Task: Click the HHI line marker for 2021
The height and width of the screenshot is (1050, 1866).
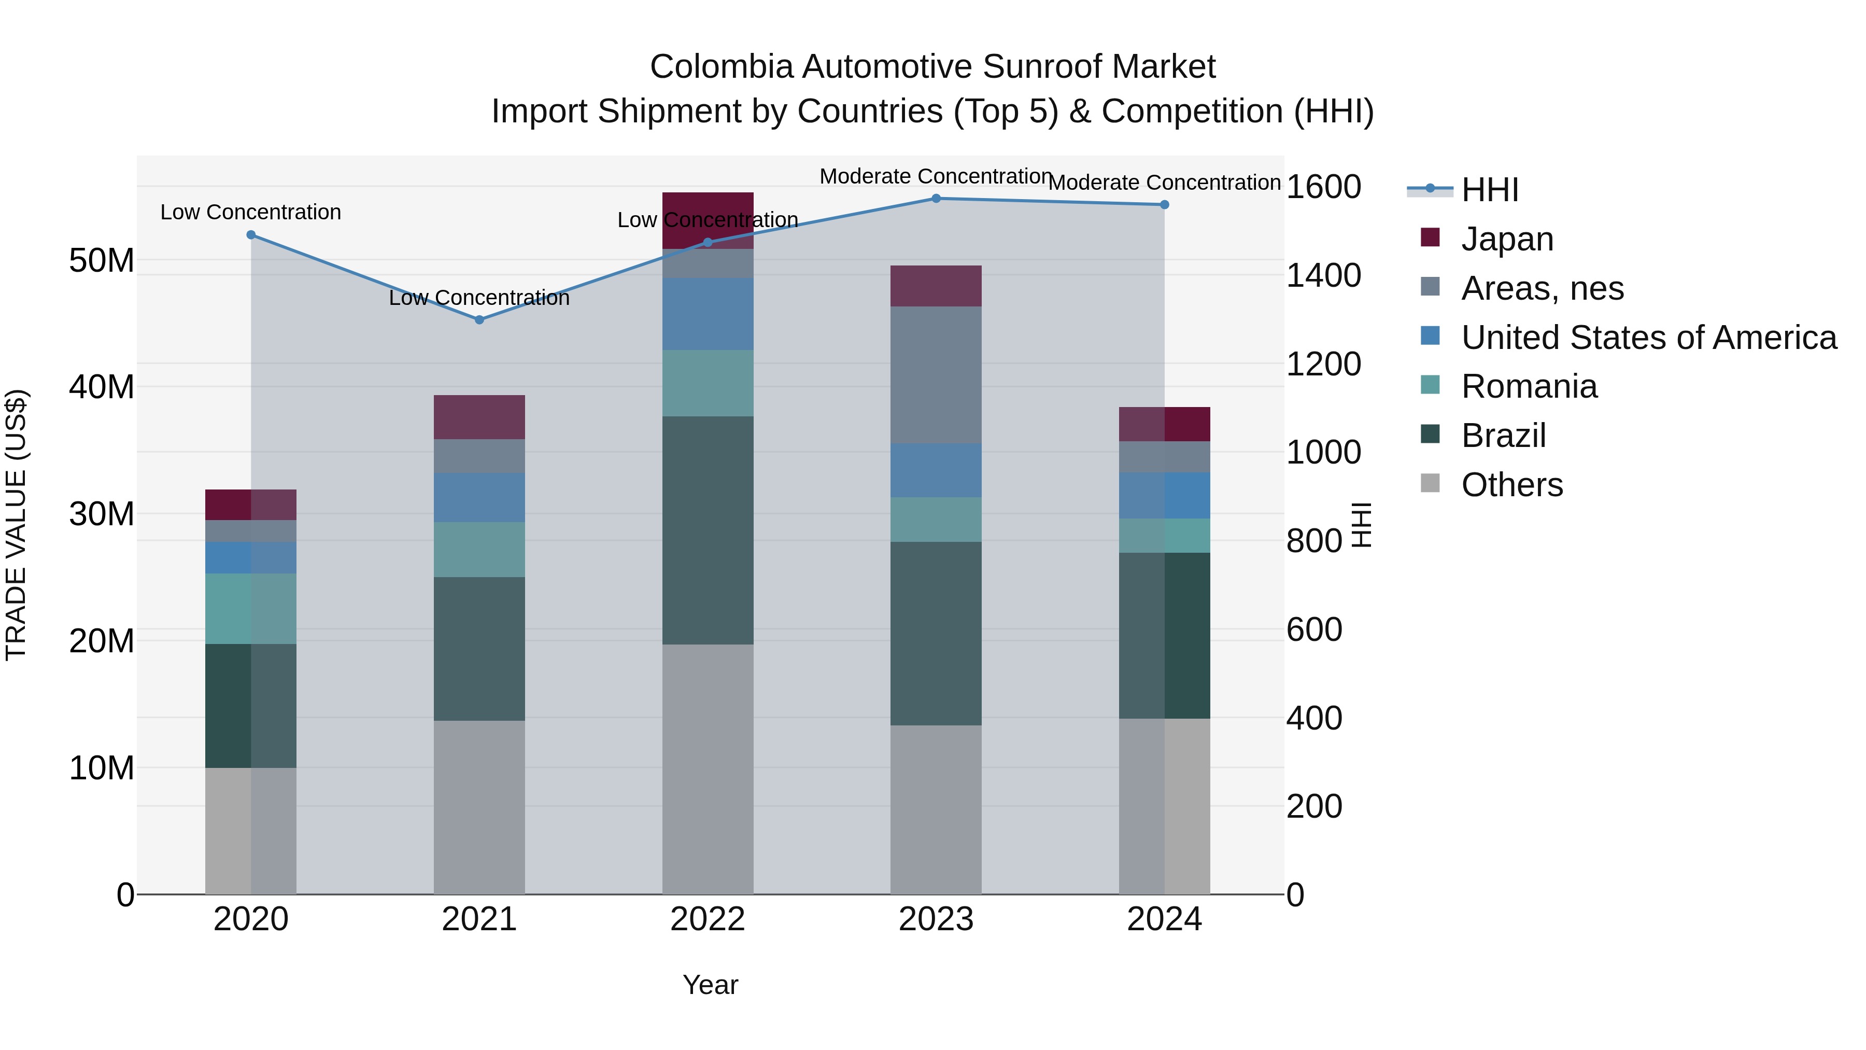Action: [x=479, y=319]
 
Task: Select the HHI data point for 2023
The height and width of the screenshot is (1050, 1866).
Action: [x=936, y=199]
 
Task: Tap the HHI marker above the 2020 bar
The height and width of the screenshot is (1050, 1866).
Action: [x=251, y=235]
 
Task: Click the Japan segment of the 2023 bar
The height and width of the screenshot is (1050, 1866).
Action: [x=936, y=286]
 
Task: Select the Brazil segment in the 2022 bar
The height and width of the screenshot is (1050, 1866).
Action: [x=708, y=530]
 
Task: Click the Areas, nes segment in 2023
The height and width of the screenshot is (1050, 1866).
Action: [x=936, y=375]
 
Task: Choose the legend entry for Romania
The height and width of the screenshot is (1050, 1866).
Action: [x=1529, y=387]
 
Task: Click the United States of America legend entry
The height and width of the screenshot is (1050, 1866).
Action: [x=1648, y=338]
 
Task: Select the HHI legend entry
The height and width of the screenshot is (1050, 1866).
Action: [x=1489, y=190]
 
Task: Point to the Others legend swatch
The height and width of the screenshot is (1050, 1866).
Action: [x=1430, y=483]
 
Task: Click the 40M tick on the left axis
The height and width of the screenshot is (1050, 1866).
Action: [x=102, y=387]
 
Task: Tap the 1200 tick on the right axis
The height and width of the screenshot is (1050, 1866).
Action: [x=1323, y=364]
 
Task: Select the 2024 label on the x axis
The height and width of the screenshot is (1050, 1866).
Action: [x=1164, y=919]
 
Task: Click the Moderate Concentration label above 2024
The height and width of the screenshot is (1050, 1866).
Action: [x=1164, y=183]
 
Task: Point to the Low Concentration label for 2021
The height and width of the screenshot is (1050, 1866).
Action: [x=479, y=298]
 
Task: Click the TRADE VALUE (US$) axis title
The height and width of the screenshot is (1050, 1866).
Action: [x=16, y=525]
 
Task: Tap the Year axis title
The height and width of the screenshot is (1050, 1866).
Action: [x=710, y=985]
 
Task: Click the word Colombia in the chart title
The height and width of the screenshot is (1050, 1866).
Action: [x=722, y=67]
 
